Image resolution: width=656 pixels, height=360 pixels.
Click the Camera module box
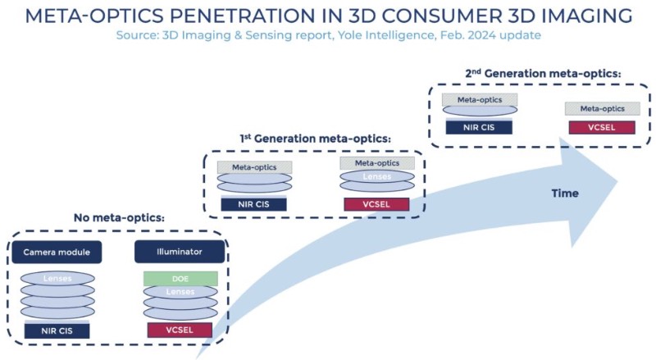pos(57,252)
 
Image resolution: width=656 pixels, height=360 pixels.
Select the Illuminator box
pos(180,252)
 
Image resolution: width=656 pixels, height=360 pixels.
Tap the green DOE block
pos(180,279)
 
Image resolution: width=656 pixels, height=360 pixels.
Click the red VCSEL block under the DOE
pos(180,330)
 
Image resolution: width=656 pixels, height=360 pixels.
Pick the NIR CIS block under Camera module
pos(57,330)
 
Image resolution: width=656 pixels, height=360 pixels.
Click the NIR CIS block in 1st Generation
pos(253,203)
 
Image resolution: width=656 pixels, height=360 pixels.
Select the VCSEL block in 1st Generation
pos(377,203)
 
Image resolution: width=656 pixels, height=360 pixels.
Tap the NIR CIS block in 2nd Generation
pos(479,126)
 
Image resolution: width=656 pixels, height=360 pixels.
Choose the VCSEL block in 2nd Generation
pos(603,126)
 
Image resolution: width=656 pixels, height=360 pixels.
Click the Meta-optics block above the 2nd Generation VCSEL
pos(603,108)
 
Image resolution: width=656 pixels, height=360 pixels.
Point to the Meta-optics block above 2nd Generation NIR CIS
pos(479,99)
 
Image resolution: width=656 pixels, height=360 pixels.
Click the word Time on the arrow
pos(564,194)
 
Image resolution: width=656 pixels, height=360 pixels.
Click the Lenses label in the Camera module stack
pos(57,279)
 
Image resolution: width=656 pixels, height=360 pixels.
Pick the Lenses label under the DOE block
pos(180,293)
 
